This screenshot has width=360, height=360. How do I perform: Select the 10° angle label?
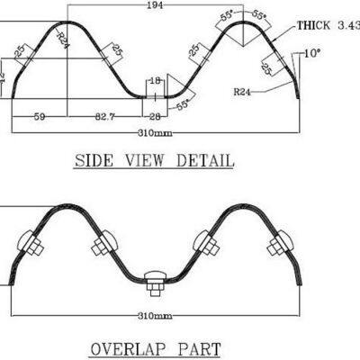[x=311, y=54]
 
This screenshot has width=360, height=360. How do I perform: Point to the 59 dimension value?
[x=40, y=117]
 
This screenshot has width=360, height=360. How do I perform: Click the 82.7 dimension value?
[x=105, y=117]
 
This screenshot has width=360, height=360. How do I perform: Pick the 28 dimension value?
[x=155, y=117]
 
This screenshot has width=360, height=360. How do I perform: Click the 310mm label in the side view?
[x=155, y=132]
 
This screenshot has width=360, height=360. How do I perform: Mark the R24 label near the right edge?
[x=242, y=91]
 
